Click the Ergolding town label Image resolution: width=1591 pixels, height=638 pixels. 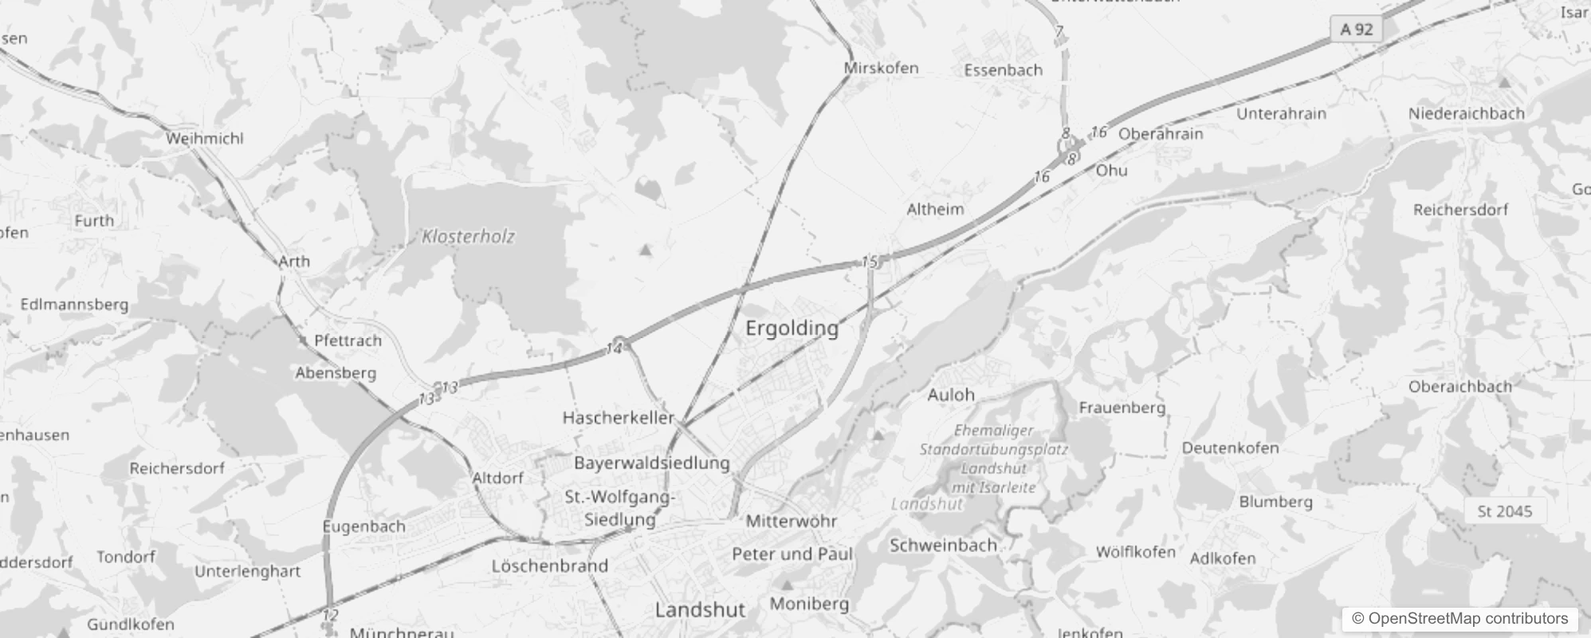(792, 328)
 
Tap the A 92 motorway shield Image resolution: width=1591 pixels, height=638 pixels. (1356, 30)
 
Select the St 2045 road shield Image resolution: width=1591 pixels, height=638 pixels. (1504, 511)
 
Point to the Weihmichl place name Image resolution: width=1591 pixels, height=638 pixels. (205, 138)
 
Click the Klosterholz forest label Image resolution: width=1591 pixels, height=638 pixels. (468, 236)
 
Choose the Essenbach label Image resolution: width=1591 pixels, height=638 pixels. (1003, 70)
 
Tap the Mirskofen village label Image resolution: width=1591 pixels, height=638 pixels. (881, 68)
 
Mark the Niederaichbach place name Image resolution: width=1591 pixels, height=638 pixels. (1466, 113)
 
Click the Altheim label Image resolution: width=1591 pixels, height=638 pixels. (935, 209)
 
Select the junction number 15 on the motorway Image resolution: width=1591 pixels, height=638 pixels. (869, 262)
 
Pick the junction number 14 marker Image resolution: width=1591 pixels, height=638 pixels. (614, 349)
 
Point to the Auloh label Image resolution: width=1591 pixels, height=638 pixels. (951, 395)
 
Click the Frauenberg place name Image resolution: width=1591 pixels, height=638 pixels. (1122, 408)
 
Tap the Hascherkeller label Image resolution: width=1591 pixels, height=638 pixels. (618, 417)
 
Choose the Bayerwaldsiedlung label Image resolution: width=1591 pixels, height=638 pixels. (651, 463)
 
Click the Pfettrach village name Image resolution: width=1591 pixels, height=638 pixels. (348, 341)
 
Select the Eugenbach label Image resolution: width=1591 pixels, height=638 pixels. (363, 526)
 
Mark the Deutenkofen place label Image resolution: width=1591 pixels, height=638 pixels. (1230, 447)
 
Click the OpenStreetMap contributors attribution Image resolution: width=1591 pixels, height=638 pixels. (1460, 618)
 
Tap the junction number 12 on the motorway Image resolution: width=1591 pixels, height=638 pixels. (331, 615)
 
